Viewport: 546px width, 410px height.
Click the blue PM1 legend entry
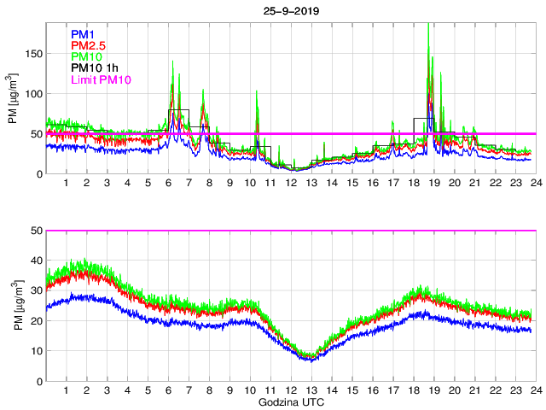83,34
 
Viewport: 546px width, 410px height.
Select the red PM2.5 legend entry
88,45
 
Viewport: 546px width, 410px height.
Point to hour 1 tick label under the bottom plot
67,390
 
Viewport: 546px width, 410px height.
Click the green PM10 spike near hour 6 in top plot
173,61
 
